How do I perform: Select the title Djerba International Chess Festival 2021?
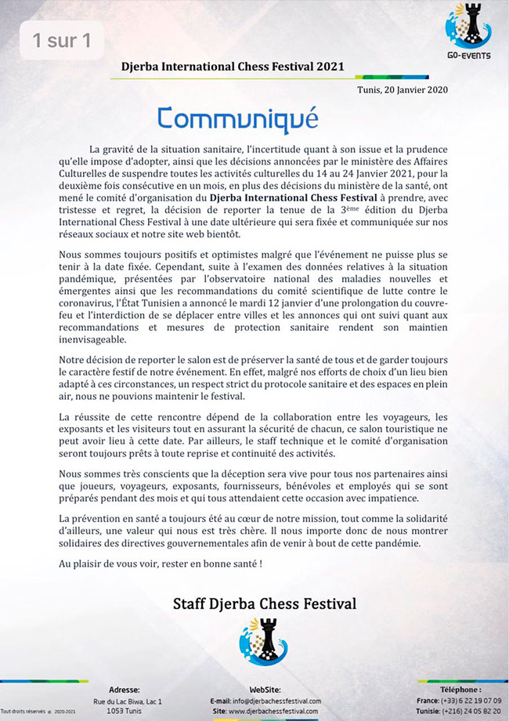233,67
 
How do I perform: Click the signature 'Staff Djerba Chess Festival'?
264,603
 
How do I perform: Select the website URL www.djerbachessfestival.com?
274,712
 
